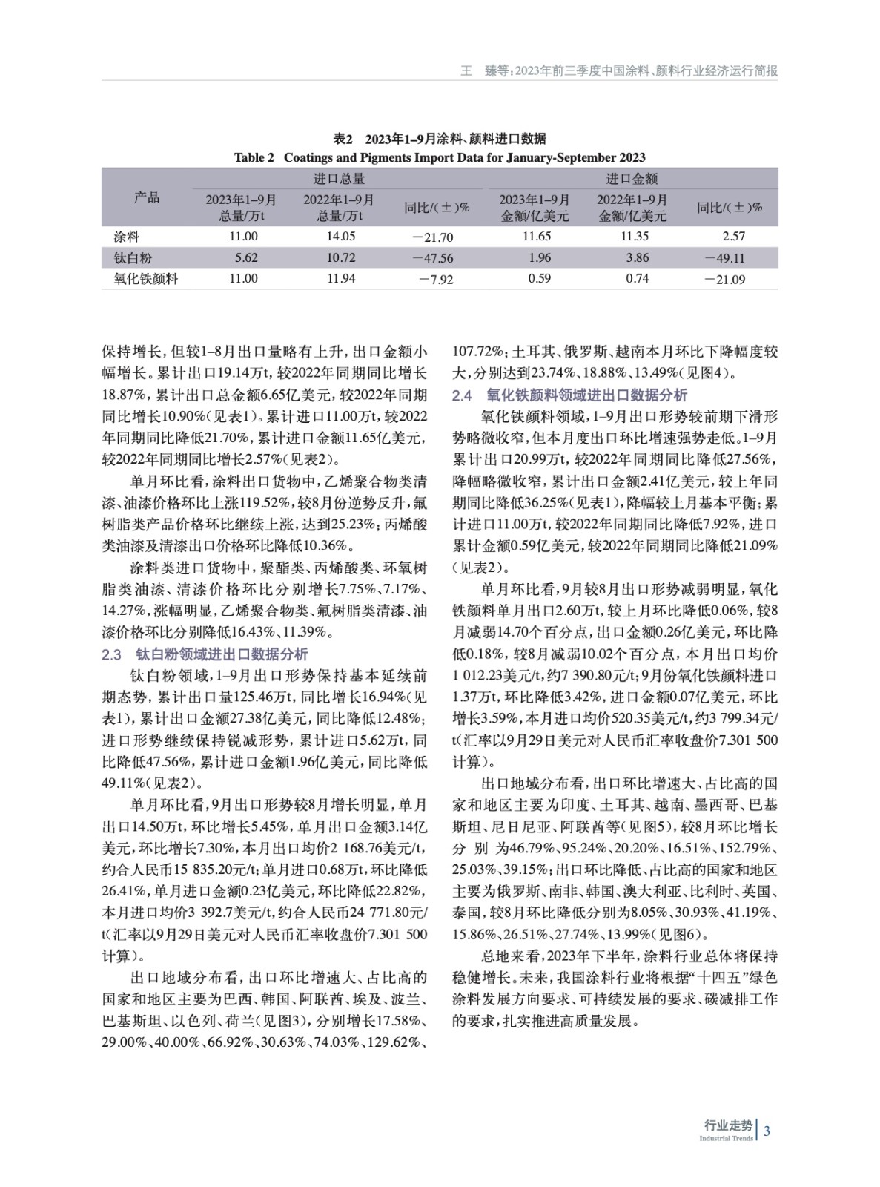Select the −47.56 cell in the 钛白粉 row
coord(436,258)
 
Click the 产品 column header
coord(146,197)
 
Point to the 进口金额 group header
coord(631,178)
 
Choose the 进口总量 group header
coord(339,178)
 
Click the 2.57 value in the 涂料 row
coord(732,236)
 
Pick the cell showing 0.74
coord(637,279)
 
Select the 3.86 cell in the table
coord(637,258)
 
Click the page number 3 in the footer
coord(767,1131)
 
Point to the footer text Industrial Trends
coord(726,1138)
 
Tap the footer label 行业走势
coord(727,1125)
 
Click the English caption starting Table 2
coord(440,157)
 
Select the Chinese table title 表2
coord(440,139)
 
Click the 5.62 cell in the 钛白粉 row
coord(245,257)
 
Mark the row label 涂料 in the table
coord(126,236)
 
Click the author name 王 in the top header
coord(467,71)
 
